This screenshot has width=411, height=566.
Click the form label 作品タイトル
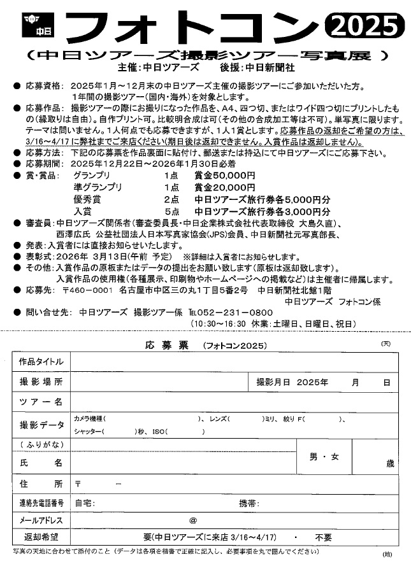[x=41, y=362]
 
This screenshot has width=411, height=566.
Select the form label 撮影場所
[x=41, y=382]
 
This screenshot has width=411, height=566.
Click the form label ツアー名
[x=41, y=402]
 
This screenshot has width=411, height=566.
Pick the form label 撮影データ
[x=41, y=425]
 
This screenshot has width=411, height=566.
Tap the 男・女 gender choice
[x=324, y=456]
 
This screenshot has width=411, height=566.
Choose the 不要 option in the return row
[x=324, y=537]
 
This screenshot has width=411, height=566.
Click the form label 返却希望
[x=41, y=537]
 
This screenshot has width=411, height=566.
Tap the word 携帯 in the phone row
[x=249, y=503]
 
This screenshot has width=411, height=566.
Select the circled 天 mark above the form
[x=386, y=344]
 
